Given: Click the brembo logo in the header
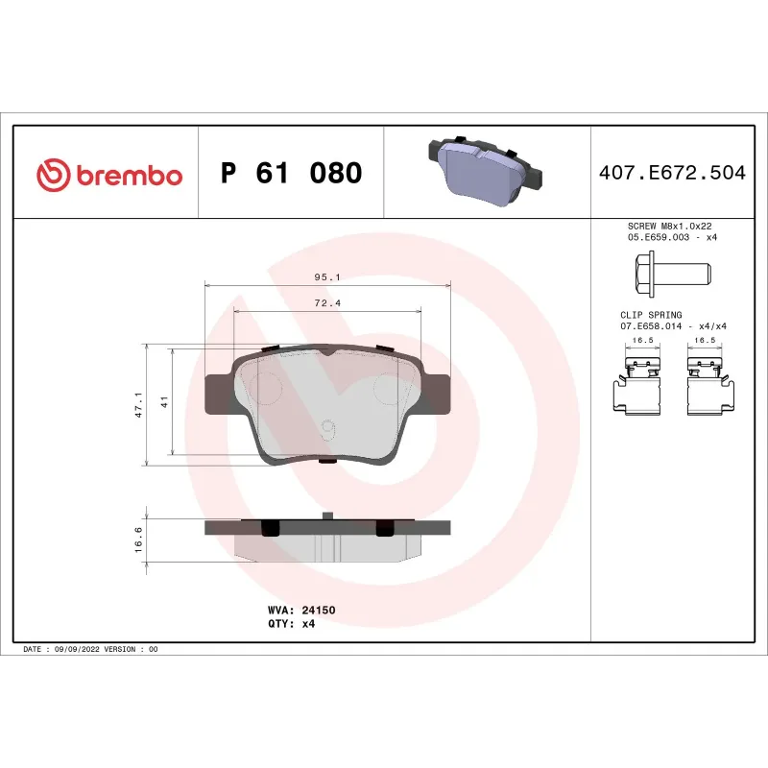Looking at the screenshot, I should tap(108, 175).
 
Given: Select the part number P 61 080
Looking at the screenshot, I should tap(291, 174).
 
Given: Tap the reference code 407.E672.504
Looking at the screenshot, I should tap(671, 174).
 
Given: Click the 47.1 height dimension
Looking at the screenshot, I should tap(138, 404).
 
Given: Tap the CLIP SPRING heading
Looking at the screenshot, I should tap(650, 315).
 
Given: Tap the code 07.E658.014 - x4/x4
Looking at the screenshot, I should tap(673, 326).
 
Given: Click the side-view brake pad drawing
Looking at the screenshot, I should tap(327, 539).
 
